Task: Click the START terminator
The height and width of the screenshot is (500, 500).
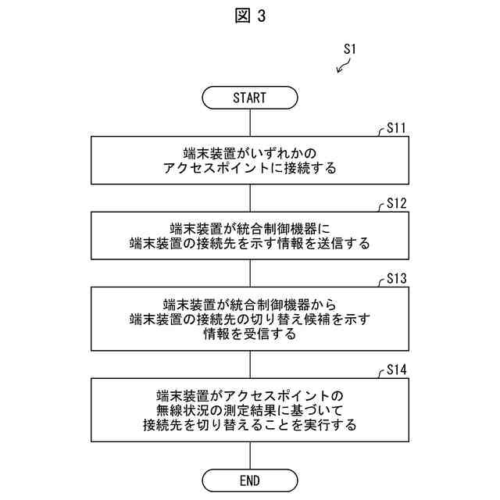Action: [249, 98]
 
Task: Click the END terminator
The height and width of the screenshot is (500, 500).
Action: [249, 480]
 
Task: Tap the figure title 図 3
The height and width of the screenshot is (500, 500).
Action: [250, 16]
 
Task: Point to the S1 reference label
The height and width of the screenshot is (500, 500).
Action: [350, 48]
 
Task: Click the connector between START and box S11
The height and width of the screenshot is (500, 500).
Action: [249, 123]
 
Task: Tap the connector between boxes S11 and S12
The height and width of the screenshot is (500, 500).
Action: [249, 198]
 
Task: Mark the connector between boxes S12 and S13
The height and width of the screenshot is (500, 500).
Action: [249, 273]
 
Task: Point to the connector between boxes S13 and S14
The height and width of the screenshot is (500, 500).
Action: [249, 364]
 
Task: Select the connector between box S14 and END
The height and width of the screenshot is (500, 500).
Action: [249, 455]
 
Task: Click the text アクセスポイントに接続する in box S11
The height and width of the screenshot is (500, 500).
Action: [249, 168]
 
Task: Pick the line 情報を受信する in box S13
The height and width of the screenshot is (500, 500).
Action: [249, 334]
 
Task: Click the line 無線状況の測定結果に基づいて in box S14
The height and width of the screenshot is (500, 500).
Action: [249, 410]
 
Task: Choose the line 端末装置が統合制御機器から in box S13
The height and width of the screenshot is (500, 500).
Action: [249, 303]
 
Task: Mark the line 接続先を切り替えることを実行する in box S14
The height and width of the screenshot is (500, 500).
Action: [249, 426]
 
